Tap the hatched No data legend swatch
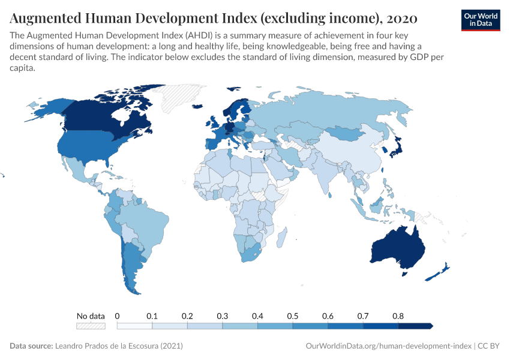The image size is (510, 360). (91, 326)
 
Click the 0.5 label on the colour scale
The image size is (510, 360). (293, 316)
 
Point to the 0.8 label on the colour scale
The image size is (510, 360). (398, 316)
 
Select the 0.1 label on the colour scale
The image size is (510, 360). (152, 316)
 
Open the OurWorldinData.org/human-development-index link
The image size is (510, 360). (388, 346)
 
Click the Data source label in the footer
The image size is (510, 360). (31, 346)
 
